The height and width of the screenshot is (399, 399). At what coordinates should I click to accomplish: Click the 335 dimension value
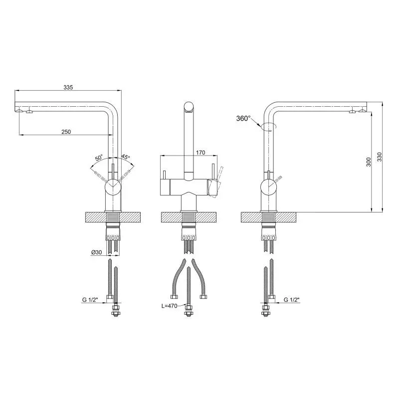(68, 87)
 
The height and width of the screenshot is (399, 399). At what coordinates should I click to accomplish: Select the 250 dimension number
(66, 132)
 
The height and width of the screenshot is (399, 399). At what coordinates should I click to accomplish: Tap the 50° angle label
(99, 158)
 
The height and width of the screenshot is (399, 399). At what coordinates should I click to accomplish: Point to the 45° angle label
(125, 157)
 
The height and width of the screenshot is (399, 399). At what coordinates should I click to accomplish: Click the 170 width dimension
(200, 153)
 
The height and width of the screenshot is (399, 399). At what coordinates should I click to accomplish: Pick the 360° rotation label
(243, 118)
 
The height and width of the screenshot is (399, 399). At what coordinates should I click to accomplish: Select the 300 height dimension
(369, 162)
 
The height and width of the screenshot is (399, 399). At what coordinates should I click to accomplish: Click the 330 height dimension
(380, 157)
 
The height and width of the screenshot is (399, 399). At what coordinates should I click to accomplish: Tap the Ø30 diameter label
(96, 252)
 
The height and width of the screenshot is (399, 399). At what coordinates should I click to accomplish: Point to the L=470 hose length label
(169, 306)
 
